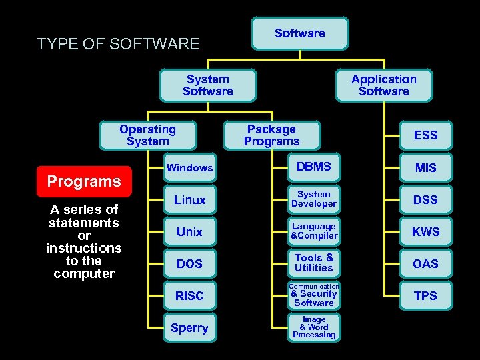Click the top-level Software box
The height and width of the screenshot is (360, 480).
tap(300, 33)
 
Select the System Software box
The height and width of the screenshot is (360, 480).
tap(208, 85)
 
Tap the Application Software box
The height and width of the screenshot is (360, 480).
tap(383, 85)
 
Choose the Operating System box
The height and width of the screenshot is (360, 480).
tap(147, 135)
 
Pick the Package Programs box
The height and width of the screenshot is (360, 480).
tap(271, 135)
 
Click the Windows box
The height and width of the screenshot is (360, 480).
tap(189, 168)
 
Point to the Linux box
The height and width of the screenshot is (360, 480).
tap(189, 200)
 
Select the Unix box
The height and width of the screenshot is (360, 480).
tap(189, 232)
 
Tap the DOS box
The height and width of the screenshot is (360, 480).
tap(189, 264)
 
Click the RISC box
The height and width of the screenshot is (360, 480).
tap(189, 296)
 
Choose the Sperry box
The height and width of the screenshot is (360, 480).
tap(189, 328)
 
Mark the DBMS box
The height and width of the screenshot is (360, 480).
tap(313, 167)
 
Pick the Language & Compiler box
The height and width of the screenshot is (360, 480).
tap(313, 231)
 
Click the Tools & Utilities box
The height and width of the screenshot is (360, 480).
tap(313, 263)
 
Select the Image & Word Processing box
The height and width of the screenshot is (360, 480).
tap(313, 327)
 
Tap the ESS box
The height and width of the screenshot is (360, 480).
tap(425, 135)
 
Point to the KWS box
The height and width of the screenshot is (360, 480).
tap(425, 232)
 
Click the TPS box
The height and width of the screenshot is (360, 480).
tap(425, 296)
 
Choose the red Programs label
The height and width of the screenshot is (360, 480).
tap(84, 181)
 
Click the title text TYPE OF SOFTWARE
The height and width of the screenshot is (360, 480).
tap(118, 44)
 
